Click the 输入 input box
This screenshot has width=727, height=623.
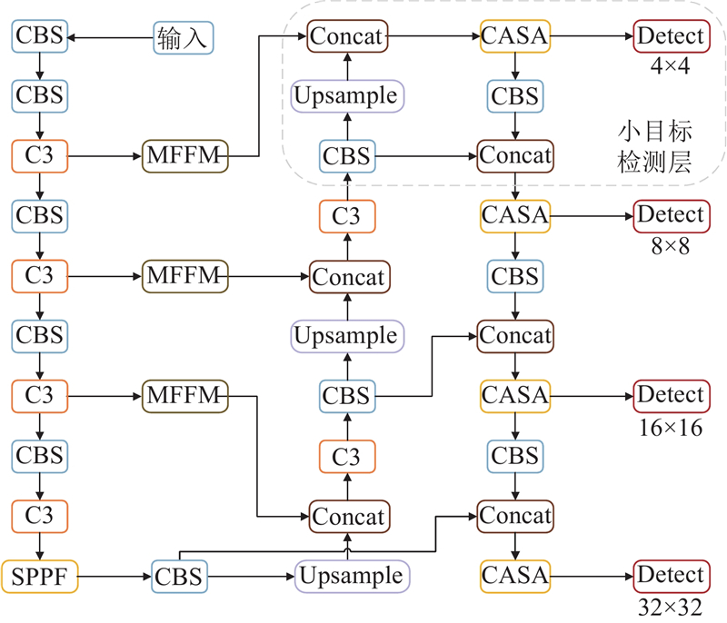pos(184,37)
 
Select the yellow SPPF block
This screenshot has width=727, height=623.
pos(39,575)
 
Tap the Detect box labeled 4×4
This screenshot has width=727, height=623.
pos(671,37)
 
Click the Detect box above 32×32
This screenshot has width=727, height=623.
pos(671,575)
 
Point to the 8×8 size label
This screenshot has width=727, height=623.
pos(671,247)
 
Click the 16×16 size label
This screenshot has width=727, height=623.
pos(671,427)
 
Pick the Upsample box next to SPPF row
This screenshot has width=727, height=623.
pos(350,576)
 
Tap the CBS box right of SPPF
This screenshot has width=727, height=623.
pos(178,576)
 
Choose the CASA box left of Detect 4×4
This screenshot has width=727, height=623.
pos(516,37)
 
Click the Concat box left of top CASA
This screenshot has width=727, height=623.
pos(348,37)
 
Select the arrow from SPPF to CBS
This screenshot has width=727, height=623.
pos(113,576)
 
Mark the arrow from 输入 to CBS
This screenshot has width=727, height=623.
pos(109,37)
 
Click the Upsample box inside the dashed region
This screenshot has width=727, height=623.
pos(346,95)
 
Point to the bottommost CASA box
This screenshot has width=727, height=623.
pos(516,575)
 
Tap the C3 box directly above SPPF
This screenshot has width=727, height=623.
pos(39,516)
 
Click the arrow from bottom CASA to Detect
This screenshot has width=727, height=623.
pos(591,575)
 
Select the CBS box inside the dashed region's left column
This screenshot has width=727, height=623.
pos(346,156)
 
